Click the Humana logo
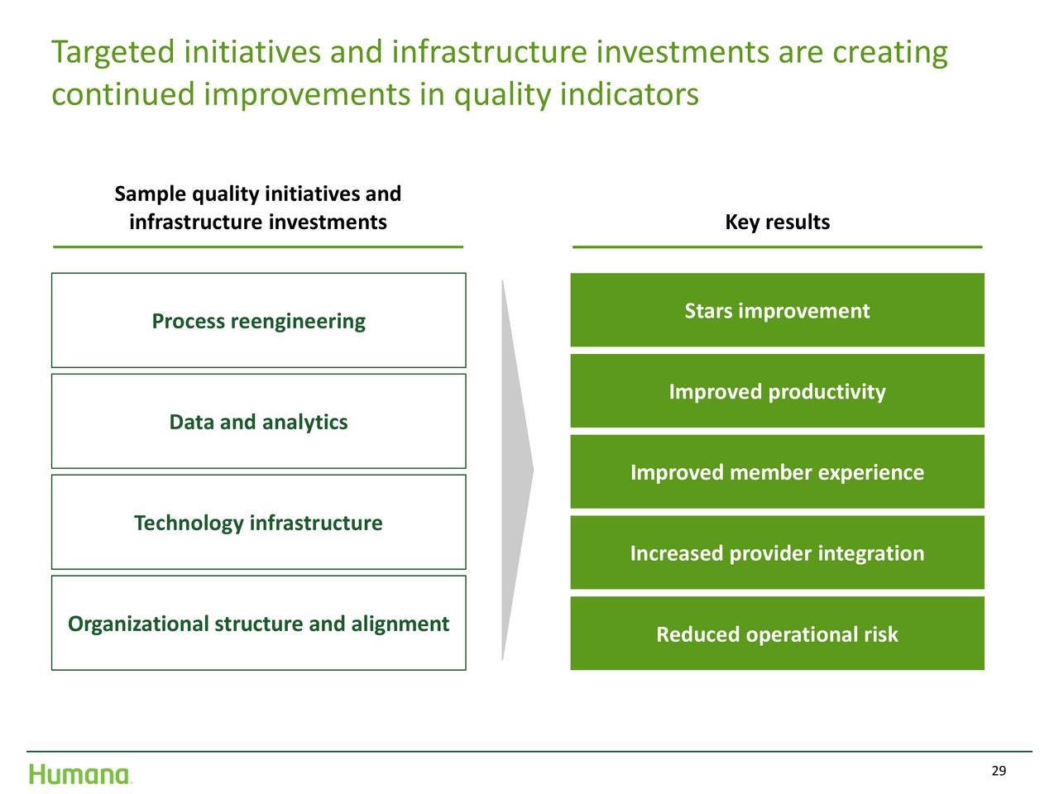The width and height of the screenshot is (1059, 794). coord(79,774)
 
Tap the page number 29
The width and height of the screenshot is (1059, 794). coord(999,770)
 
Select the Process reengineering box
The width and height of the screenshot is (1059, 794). coord(259,320)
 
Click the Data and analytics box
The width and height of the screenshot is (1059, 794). coord(259,421)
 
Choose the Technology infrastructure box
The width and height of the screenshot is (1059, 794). coord(259,522)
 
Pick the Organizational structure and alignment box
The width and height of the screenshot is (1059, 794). coord(259,622)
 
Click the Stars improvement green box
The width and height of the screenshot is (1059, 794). coord(777,310)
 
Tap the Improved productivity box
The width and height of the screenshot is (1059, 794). coord(777,390)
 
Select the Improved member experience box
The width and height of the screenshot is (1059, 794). coord(777,471)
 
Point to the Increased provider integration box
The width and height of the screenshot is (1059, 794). coord(777,552)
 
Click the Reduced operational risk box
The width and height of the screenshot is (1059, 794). coord(777,633)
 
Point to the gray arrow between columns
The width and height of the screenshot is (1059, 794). coord(516,470)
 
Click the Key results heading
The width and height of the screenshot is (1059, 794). coord(777,222)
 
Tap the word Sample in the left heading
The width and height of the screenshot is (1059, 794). coord(150,194)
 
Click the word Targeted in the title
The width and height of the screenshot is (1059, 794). coord(113,53)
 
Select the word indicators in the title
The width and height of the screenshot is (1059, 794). coord(629,94)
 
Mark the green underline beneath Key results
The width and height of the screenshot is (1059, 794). coord(777,246)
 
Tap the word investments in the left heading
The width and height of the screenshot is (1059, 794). coord(328,222)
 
